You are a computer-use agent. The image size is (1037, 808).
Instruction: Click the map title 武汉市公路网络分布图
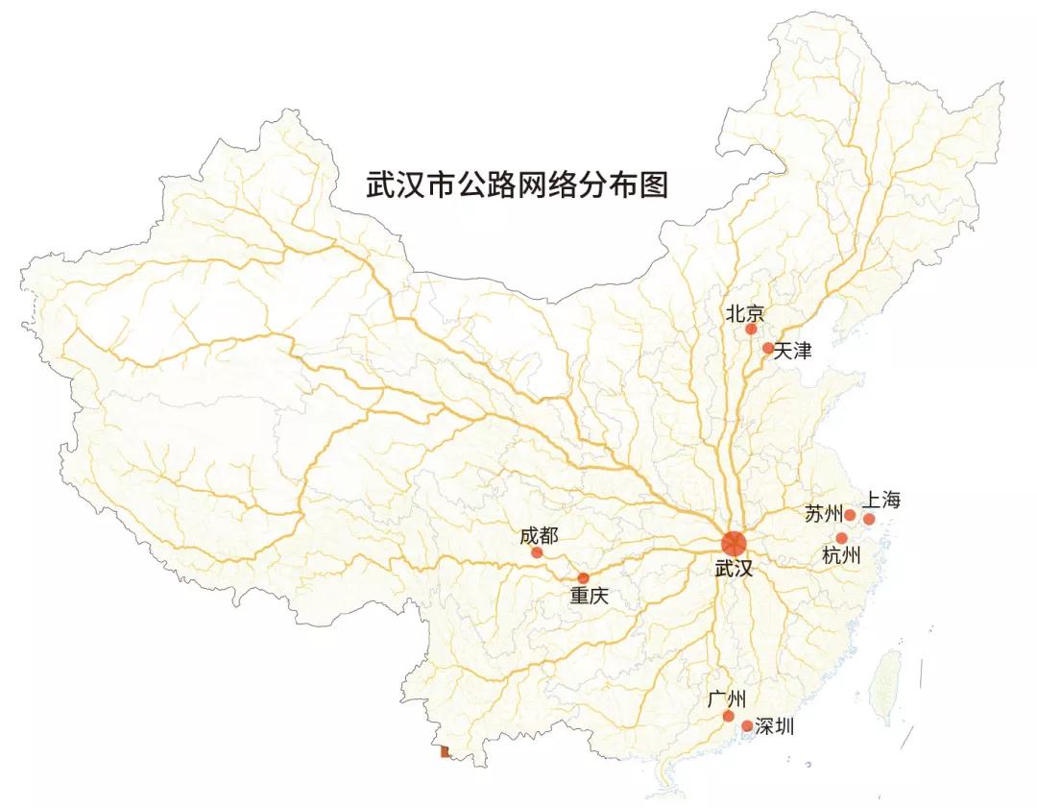[x=517, y=184]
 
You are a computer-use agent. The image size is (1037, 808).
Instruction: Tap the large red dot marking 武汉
[x=734, y=543]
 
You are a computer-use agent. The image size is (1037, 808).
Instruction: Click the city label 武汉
[x=735, y=569]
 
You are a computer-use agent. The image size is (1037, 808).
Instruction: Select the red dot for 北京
[x=751, y=330]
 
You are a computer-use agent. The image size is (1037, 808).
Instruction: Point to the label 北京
[x=745, y=312]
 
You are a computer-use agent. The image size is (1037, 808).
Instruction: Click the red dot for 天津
[x=768, y=348]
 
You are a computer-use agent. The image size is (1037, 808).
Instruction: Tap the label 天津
[x=793, y=352]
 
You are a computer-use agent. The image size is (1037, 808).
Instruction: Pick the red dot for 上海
[x=869, y=519]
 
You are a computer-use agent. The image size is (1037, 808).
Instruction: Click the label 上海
[x=881, y=500]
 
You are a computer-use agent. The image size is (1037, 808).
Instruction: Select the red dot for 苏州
[x=850, y=515]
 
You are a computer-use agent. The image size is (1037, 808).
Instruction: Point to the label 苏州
[x=823, y=514]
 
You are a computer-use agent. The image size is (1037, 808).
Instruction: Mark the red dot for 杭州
[x=842, y=538]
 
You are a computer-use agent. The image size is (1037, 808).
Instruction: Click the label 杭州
[x=841, y=556]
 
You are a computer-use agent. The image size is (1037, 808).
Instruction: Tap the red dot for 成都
[x=537, y=552]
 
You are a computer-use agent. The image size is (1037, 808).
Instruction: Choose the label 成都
[x=539, y=535]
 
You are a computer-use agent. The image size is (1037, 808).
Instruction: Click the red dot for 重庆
[x=583, y=577]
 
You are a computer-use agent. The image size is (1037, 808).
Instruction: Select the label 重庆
[x=590, y=596]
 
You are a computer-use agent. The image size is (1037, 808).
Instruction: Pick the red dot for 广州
[x=729, y=716]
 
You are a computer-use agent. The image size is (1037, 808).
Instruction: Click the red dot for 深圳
[x=747, y=726]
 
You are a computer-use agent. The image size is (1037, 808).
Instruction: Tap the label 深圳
[x=775, y=726]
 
